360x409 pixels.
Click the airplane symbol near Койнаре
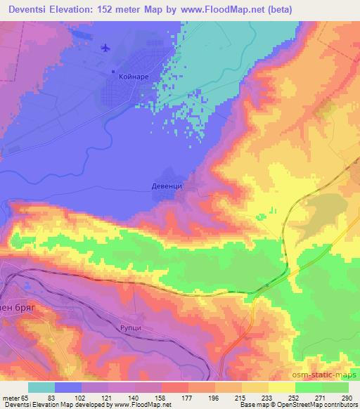106,48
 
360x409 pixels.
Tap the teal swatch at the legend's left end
41,387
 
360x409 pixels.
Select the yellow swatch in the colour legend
282,387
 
